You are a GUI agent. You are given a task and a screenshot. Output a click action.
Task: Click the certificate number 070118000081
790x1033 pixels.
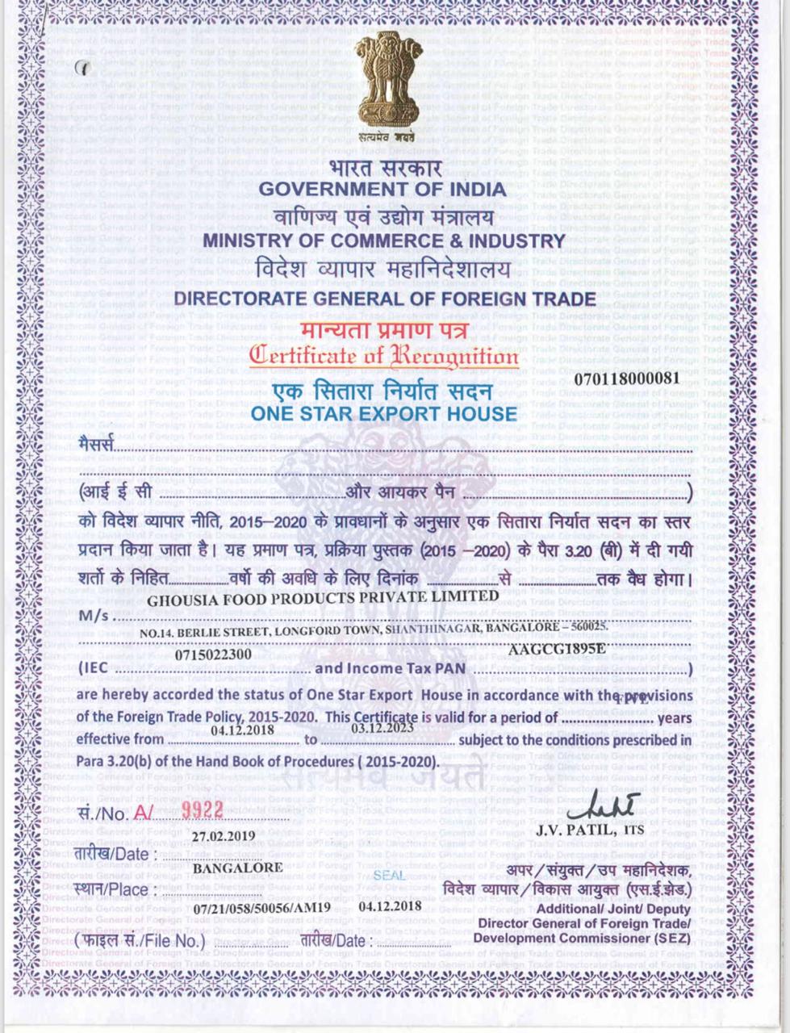pyautogui.click(x=627, y=378)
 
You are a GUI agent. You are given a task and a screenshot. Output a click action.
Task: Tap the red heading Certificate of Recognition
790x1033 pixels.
pyautogui.click(x=383, y=355)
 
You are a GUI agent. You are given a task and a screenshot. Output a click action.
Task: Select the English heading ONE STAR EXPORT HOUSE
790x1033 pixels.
pyautogui.click(x=383, y=414)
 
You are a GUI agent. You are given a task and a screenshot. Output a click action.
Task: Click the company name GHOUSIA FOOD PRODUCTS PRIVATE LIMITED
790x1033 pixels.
pyautogui.click(x=323, y=598)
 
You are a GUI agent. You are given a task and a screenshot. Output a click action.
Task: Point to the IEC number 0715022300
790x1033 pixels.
pyautogui.click(x=213, y=655)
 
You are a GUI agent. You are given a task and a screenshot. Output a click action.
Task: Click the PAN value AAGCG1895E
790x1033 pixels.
pyautogui.click(x=557, y=648)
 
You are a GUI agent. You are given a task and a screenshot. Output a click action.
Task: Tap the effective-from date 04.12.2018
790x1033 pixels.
pyautogui.click(x=242, y=730)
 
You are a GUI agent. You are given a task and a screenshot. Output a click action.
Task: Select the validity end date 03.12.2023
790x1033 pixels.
pyautogui.click(x=383, y=727)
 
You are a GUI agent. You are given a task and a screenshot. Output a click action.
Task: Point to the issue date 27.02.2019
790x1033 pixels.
pyautogui.click(x=224, y=835)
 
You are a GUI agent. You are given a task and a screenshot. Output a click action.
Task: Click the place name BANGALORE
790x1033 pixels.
pyautogui.click(x=237, y=868)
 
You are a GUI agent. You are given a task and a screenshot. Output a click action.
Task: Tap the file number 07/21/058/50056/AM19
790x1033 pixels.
pyautogui.click(x=262, y=907)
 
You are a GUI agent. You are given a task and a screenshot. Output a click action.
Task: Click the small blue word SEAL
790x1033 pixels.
pyautogui.click(x=390, y=876)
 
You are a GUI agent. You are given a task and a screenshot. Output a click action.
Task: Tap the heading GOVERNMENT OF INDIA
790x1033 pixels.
pyautogui.click(x=382, y=190)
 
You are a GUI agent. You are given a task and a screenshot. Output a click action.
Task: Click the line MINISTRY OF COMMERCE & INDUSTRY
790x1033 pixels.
pyautogui.click(x=383, y=240)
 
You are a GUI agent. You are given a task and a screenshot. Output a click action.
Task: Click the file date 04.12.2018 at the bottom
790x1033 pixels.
pyautogui.click(x=391, y=905)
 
